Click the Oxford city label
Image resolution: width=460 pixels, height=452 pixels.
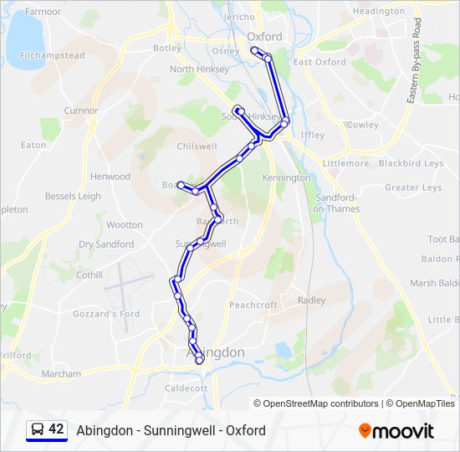[265, 37]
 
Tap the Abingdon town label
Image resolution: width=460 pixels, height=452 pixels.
[215, 352]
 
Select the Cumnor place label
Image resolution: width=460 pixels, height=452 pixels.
[81, 110]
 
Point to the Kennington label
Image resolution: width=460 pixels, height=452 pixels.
[286, 178]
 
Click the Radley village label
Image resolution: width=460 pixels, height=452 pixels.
[311, 300]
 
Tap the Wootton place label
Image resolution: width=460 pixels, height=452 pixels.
[125, 225]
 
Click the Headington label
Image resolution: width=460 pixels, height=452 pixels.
[378, 12]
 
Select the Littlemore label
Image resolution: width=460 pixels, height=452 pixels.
[345, 163]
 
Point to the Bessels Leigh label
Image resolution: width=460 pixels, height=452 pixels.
[73, 197]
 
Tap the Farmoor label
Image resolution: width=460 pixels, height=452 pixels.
[43, 13]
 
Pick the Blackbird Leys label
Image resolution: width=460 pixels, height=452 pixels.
[411, 163]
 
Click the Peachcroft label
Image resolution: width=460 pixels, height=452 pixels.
[253, 306]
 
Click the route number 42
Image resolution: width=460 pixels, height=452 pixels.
[56, 429]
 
